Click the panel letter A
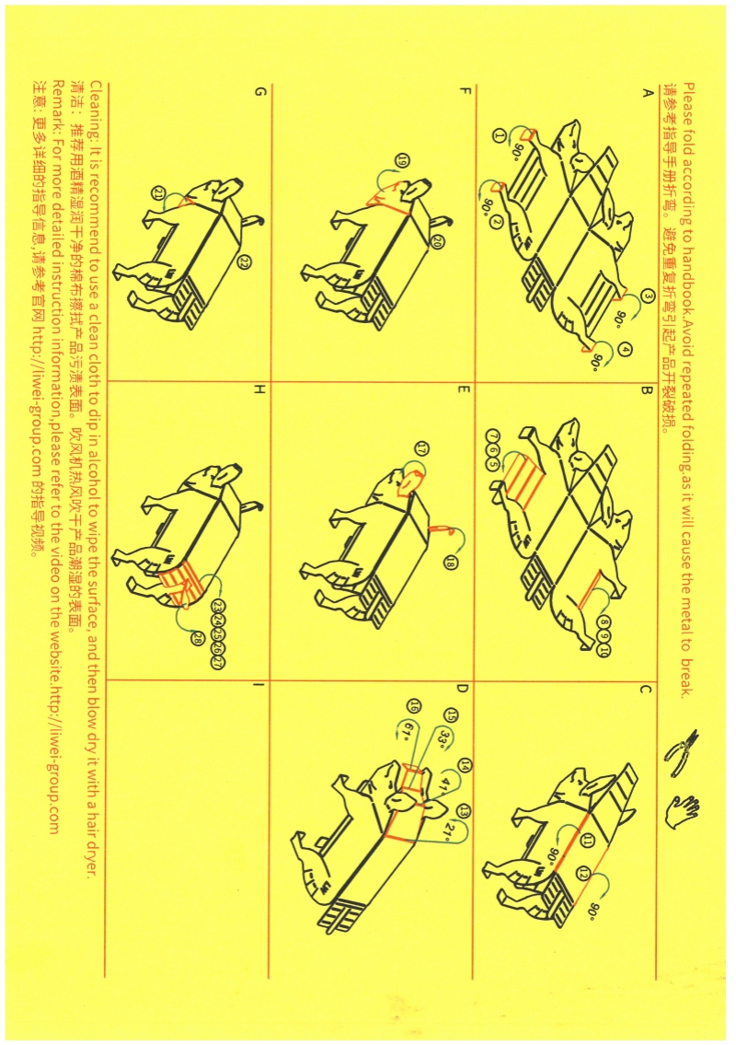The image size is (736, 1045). pyautogui.click(x=645, y=94)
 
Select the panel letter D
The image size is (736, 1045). pyautogui.click(x=462, y=689)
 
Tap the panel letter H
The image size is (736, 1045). pyautogui.click(x=259, y=390)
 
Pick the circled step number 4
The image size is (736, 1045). pyautogui.click(x=625, y=349)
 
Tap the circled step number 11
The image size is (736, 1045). pyautogui.click(x=587, y=842)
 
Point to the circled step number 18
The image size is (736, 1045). pyautogui.click(x=453, y=561)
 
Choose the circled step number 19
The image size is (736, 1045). pyautogui.click(x=402, y=160)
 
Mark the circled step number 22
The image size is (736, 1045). pyautogui.click(x=243, y=261)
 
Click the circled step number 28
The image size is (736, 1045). pyautogui.click(x=197, y=638)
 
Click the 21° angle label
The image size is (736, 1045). pyautogui.click(x=450, y=831)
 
